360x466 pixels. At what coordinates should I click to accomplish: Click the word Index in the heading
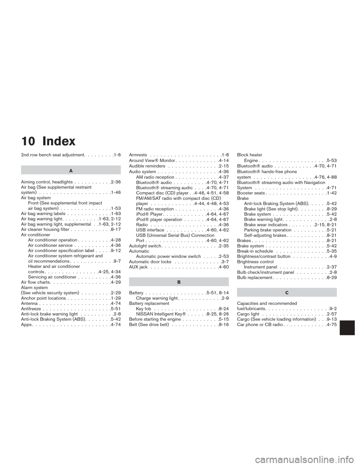click(59, 142)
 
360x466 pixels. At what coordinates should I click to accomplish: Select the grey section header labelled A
click(71, 170)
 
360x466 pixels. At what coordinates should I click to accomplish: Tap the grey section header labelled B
click(179, 281)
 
